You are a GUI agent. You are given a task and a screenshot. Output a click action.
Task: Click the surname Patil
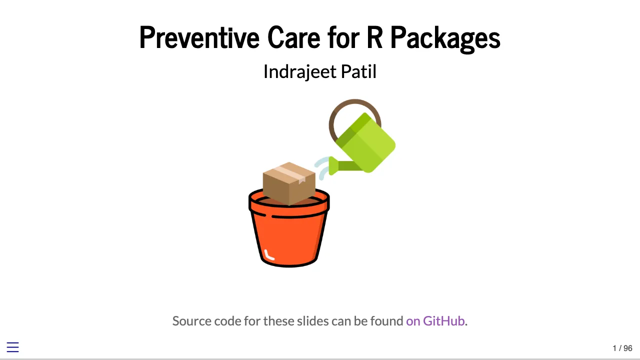coord(358,72)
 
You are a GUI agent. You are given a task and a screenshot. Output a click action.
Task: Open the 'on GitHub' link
coord(435,321)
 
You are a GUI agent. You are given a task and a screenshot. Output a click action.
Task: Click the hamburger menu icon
coord(12,347)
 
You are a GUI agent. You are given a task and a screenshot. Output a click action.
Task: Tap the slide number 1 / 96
coord(622,348)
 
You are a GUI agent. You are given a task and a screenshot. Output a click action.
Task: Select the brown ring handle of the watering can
coord(337,113)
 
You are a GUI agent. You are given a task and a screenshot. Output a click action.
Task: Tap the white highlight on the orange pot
coord(268,255)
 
